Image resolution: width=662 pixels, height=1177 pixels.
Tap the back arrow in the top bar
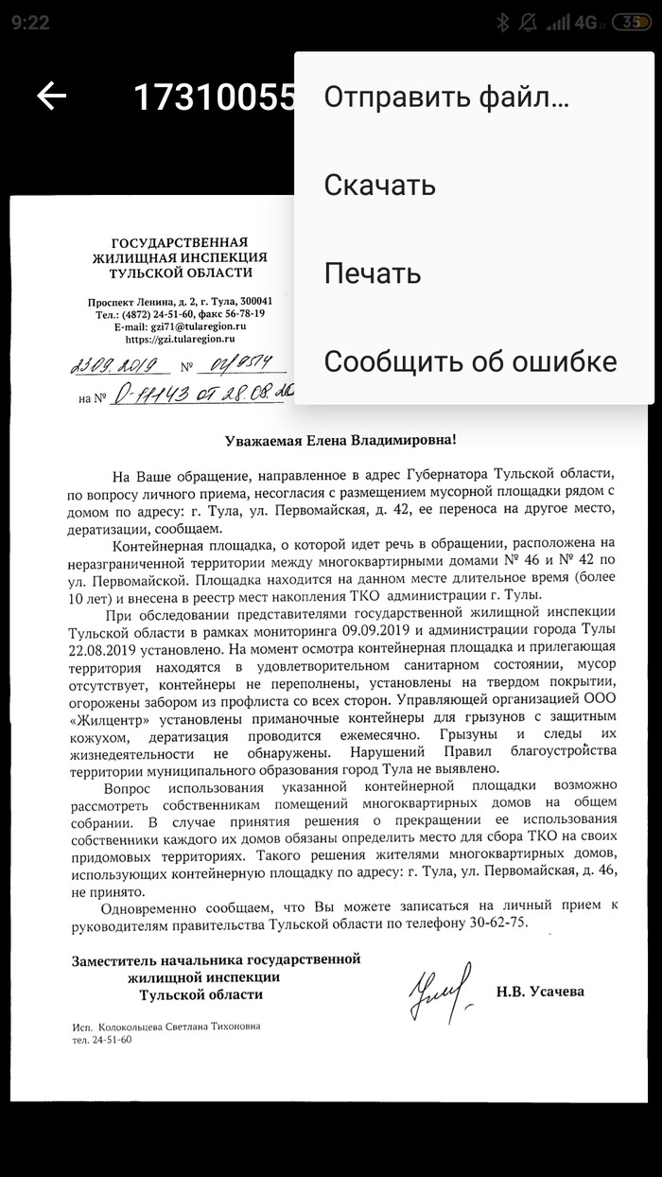click(x=51, y=96)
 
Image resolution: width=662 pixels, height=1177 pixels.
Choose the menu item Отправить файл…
click(x=445, y=97)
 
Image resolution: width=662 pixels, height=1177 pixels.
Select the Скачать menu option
click(x=379, y=185)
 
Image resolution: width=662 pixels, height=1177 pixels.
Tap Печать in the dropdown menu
click(x=372, y=273)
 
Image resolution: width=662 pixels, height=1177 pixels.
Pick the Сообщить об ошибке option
click(x=470, y=361)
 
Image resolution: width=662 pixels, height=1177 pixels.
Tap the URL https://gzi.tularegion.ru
click(x=180, y=339)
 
